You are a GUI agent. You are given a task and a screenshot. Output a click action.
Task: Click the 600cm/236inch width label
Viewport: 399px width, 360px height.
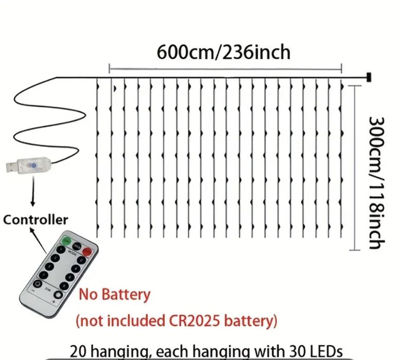[223, 52]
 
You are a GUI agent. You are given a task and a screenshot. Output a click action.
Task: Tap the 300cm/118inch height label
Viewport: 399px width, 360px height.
[377, 183]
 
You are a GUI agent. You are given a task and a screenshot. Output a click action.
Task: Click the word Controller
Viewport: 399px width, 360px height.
[36, 220]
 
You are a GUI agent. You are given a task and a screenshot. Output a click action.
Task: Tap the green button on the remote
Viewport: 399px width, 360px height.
[66, 240]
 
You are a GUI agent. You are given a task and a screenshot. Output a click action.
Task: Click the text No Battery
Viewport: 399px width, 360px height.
[114, 295]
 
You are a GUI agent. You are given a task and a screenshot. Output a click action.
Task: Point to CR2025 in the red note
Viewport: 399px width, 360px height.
[195, 320]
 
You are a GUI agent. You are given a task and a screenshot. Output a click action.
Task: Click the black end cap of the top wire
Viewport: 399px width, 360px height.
[369, 77]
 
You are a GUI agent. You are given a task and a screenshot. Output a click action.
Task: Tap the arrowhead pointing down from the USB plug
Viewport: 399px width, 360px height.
[32, 203]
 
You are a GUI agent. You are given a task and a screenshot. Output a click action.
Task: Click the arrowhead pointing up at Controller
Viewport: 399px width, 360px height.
[31, 230]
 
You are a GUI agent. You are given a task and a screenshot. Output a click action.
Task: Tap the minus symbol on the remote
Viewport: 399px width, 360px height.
[33, 290]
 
